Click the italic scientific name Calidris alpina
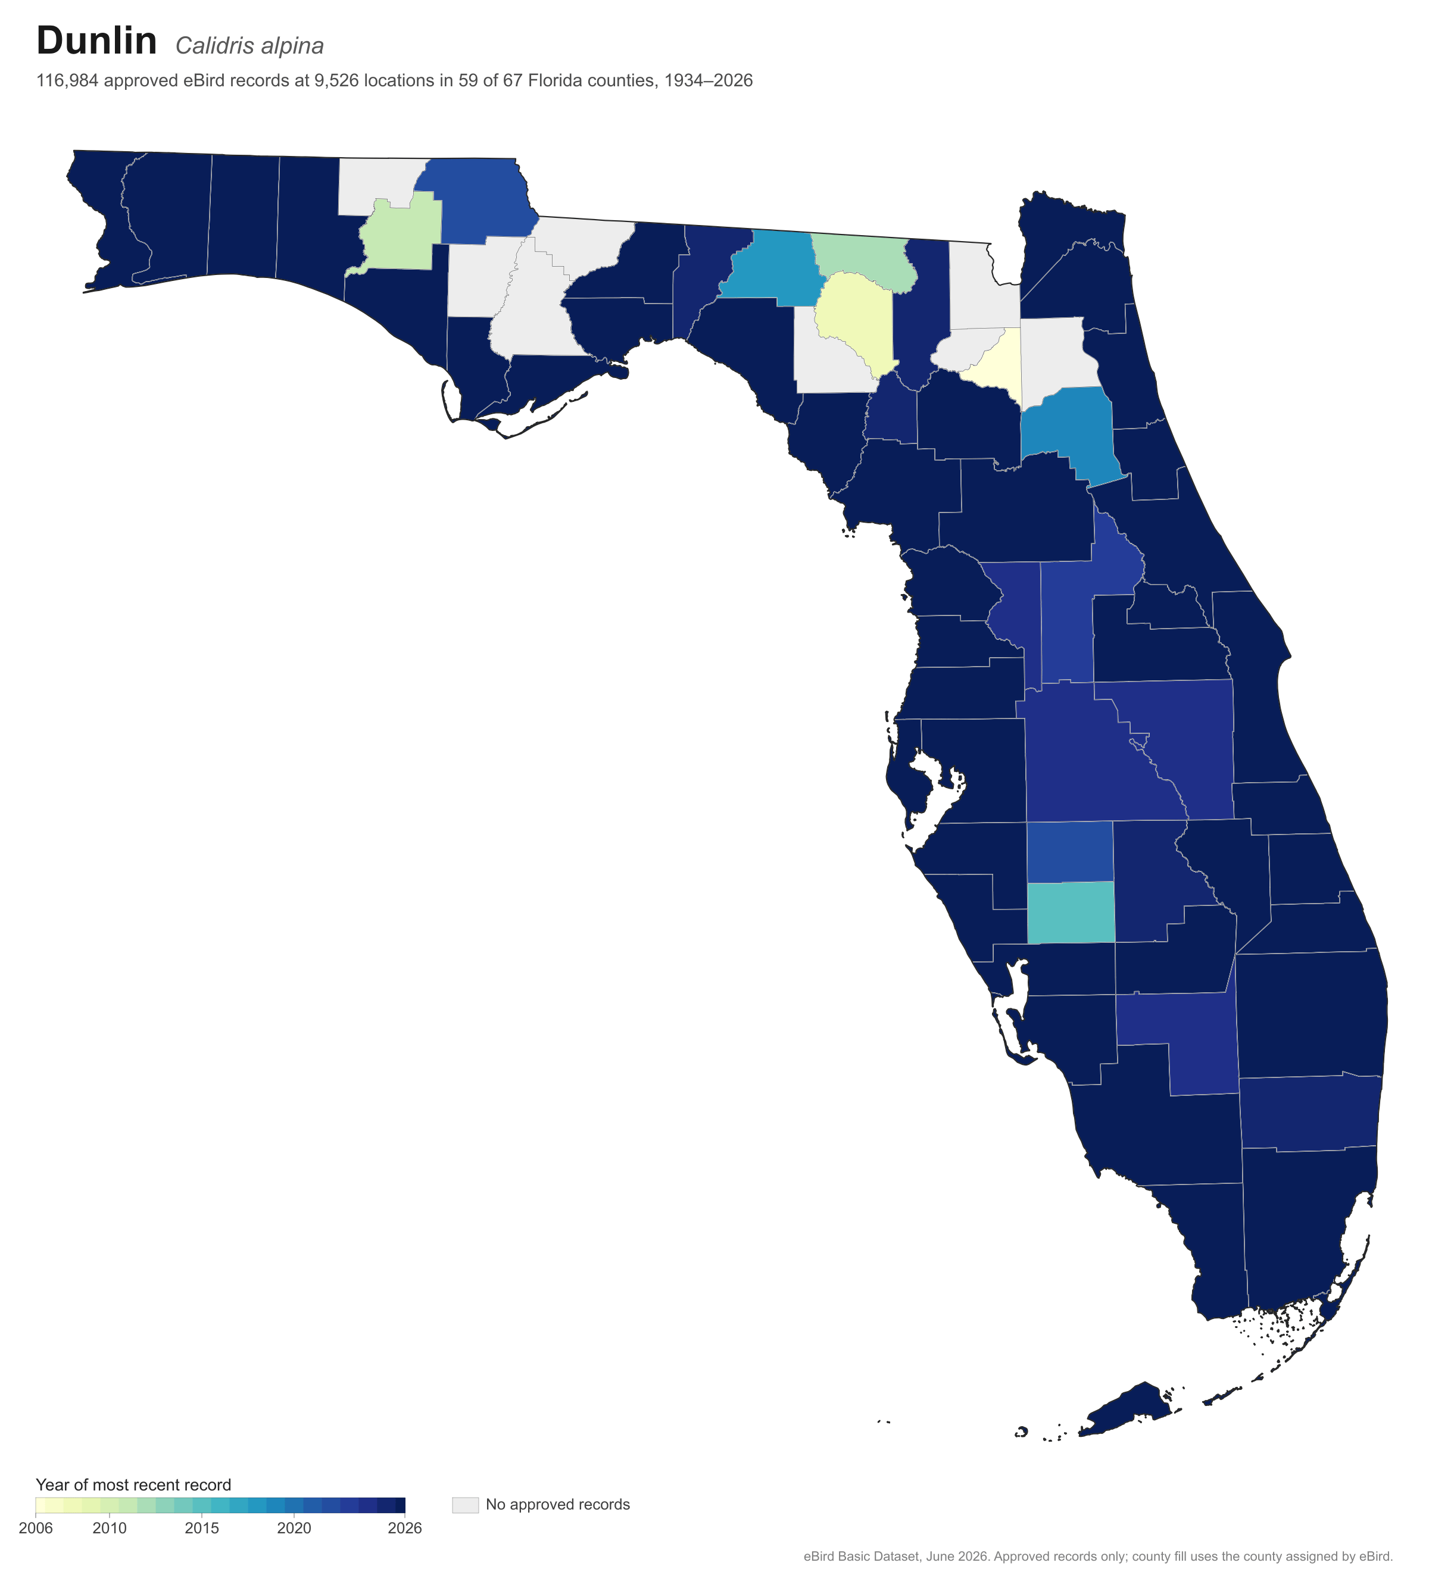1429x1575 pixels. click(249, 46)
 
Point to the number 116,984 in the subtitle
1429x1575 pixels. click(67, 80)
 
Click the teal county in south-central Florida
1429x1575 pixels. click(1071, 912)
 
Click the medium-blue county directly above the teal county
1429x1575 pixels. click(1069, 852)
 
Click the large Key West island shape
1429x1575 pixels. click(1125, 1411)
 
